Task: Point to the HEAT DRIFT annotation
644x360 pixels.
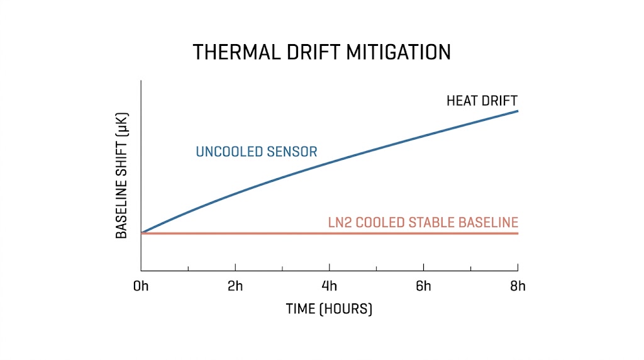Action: [x=482, y=101]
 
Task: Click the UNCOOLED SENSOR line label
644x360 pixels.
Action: [x=257, y=152]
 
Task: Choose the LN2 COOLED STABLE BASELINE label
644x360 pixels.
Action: [x=423, y=222]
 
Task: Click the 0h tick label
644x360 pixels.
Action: [x=141, y=287]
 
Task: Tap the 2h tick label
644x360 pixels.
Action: [x=235, y=287]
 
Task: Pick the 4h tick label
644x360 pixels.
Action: [x=330, y=287]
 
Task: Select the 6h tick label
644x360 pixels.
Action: [x=424, y=287]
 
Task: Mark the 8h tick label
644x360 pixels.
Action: [x=518, y=287]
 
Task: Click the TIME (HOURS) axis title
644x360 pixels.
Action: [x=329, y=309]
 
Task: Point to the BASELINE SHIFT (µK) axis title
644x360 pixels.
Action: [x=121, y=179]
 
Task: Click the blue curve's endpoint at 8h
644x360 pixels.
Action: [x=518, y=111]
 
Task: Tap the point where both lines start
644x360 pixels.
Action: [x=142, y=233]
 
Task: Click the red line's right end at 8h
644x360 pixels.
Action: [x=518, y=233]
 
